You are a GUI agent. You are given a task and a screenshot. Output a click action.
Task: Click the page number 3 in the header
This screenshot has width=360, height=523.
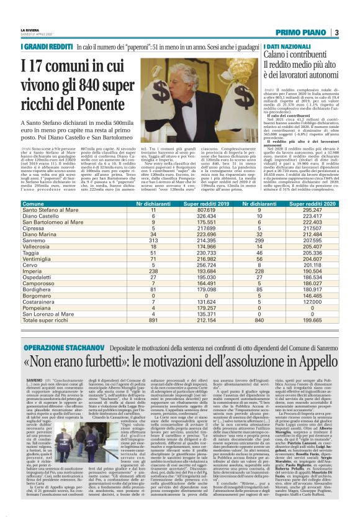coord(335,32)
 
